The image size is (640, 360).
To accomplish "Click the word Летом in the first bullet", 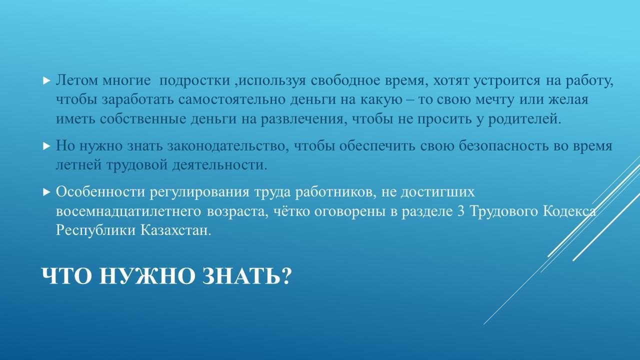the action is tap(76, 80).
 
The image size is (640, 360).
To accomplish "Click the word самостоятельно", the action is tap(231, 99).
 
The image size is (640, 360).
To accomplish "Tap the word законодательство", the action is tap(228, 146).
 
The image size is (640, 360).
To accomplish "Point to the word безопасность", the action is tap(504, 146).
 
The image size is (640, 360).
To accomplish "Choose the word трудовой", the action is tap(137, 165).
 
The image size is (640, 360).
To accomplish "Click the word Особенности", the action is tap(100, 191).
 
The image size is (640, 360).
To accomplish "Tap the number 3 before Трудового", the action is tap(461, 211).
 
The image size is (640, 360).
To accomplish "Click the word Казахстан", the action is tap(175, 230).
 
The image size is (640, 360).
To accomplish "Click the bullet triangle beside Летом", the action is tap(46, 80).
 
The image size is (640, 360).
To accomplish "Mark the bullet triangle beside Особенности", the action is tap(46, 192).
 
